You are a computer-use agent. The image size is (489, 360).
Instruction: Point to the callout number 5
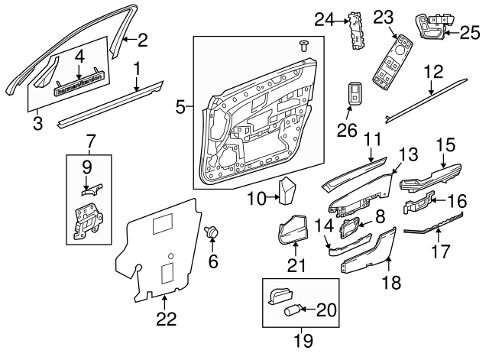click(180, 106)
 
